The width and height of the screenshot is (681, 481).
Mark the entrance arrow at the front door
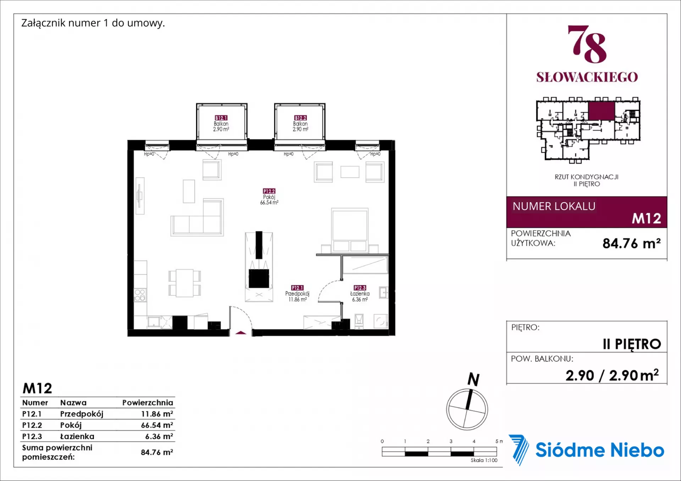tap(241, 332)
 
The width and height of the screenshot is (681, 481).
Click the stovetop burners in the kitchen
tap(140, 295)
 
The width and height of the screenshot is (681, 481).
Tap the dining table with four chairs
tap(184, 283)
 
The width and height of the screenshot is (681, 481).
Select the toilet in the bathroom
tap(359, 321)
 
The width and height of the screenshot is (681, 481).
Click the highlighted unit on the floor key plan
tap(602, 111)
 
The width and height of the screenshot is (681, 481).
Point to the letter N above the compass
tap(474, 379)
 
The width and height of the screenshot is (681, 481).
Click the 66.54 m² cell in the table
tap(157, 425)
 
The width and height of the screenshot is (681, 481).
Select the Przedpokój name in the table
tap(82, 414)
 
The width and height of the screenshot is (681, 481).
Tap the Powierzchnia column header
tap(148, 403)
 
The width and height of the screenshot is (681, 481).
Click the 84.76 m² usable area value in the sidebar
tap(631, 243)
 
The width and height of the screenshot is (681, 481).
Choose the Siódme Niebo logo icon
tap(519, 449)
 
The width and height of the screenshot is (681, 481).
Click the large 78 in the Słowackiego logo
tap(587, 44)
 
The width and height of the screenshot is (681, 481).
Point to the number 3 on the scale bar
tap(451, 441)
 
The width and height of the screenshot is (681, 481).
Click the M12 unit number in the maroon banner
tap(646, 218)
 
